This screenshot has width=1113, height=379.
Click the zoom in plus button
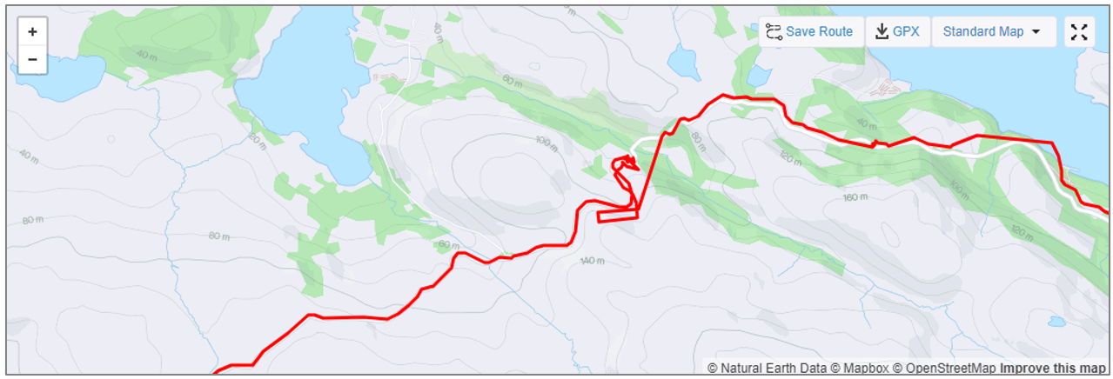pyautogui.click(x=32, y=32)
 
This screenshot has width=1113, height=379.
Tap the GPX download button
pyautogui.click(x=898, y=32)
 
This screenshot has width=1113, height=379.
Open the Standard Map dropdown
pyautogui.click(x=993, y=32)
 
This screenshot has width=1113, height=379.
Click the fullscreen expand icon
pyautogui.click(x=1079, y=32)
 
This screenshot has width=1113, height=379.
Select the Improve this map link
pyautogui.click(x=1053, y=369)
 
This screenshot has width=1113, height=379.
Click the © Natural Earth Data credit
pyautogui.click(x=767, y=369)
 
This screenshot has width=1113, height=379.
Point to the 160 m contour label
pyautogui.click(x=856, y=198)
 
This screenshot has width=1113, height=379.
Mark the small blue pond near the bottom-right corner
pyautogui.click(x=1056, y=322)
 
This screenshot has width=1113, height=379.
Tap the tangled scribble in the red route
pyautogui.click(x=624, y=164)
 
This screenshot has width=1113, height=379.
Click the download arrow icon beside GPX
pyautogui.click(x=882, y=32)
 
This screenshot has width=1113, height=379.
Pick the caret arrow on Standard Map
pyautogui.click(x=1036, y=32)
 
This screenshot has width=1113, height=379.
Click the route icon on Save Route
pyautogui.click(x=773, y=32)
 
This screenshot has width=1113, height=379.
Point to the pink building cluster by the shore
pyautogui.click(x=883, y=87)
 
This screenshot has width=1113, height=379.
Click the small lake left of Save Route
pyautogui.click(x=681, y=62)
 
